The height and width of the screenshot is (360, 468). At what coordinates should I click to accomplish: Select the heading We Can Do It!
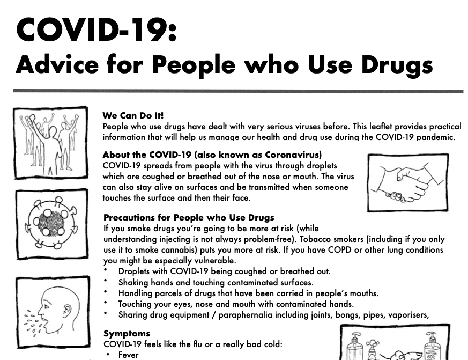(133, 115)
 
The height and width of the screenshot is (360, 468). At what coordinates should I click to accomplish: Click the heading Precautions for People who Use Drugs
(189, 217)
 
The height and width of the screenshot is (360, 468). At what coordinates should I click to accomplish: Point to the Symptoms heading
(127, 333)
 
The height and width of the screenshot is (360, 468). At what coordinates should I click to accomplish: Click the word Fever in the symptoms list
(128, 355)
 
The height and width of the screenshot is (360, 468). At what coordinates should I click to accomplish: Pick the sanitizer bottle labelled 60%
(432, 347)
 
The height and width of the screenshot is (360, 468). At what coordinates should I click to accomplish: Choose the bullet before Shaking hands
(107, 281)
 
